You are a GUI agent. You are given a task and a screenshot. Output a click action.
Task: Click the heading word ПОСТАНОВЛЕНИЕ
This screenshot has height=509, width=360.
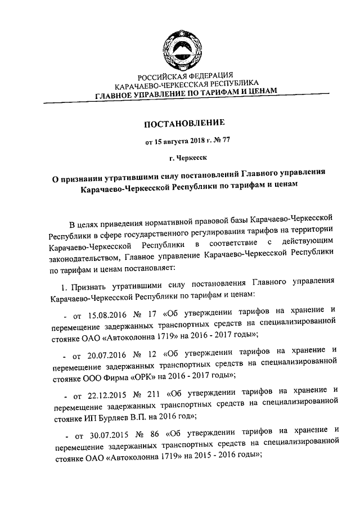coord(184,123)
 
